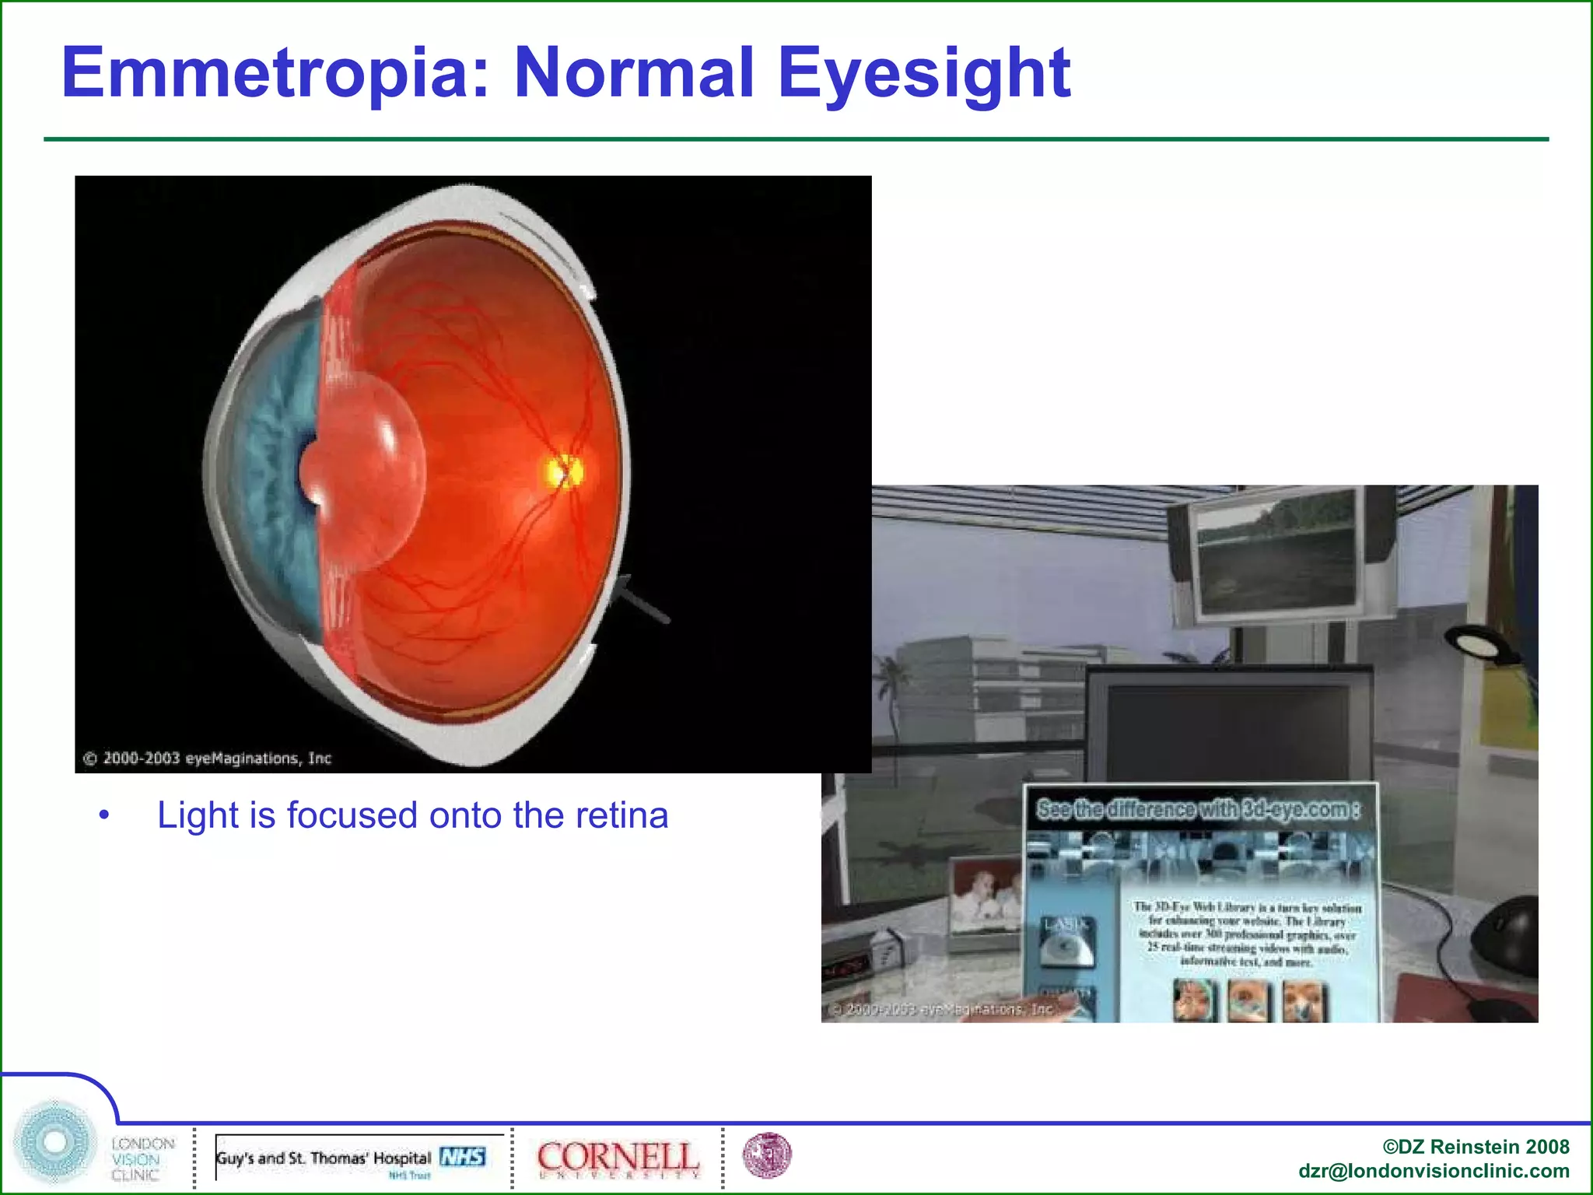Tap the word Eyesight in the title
tap(924, 74)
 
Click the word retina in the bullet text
tap(621, 815)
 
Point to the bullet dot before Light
tap(104, 815)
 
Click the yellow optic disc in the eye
tap(562, 471)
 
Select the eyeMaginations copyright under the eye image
tap(208, 758)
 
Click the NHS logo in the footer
tap(463, 1157)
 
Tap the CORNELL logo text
tap(618, 1157)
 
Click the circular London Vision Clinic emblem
tap(54, 1141)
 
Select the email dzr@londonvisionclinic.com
tap(1433, 1171)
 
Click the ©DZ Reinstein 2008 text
tap(1476, 1146)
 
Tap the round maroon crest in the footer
tap(767, 1155)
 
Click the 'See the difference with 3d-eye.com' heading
tap(1198, 810)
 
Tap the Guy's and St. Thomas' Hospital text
tap(324, 1158)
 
